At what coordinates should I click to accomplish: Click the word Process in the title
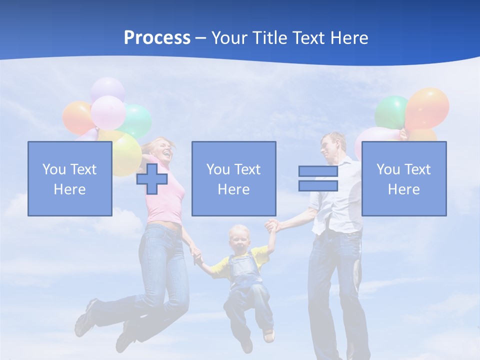click(157, 38)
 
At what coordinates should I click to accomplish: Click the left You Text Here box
click(69, 178)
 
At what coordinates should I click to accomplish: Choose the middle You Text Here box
click(233, 178)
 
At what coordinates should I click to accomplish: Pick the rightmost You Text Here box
click(403, 178)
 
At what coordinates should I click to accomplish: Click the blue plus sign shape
click(152, 179)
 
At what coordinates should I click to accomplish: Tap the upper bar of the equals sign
click(318, 171)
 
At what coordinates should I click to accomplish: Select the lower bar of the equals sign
click(318, 186)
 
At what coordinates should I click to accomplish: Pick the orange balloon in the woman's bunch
click(76, 117)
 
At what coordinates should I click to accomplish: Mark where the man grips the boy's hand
click(271, 226)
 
